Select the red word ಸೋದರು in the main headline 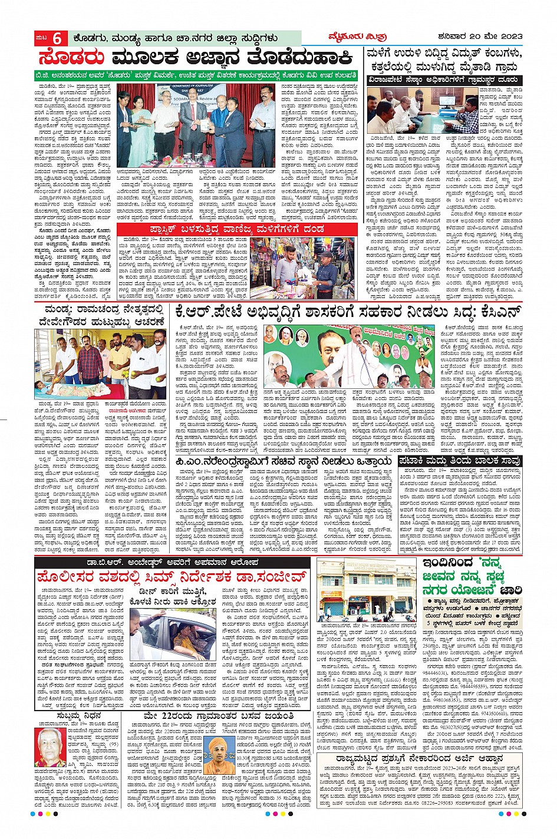pyautogui.click(x=71, y=58)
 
